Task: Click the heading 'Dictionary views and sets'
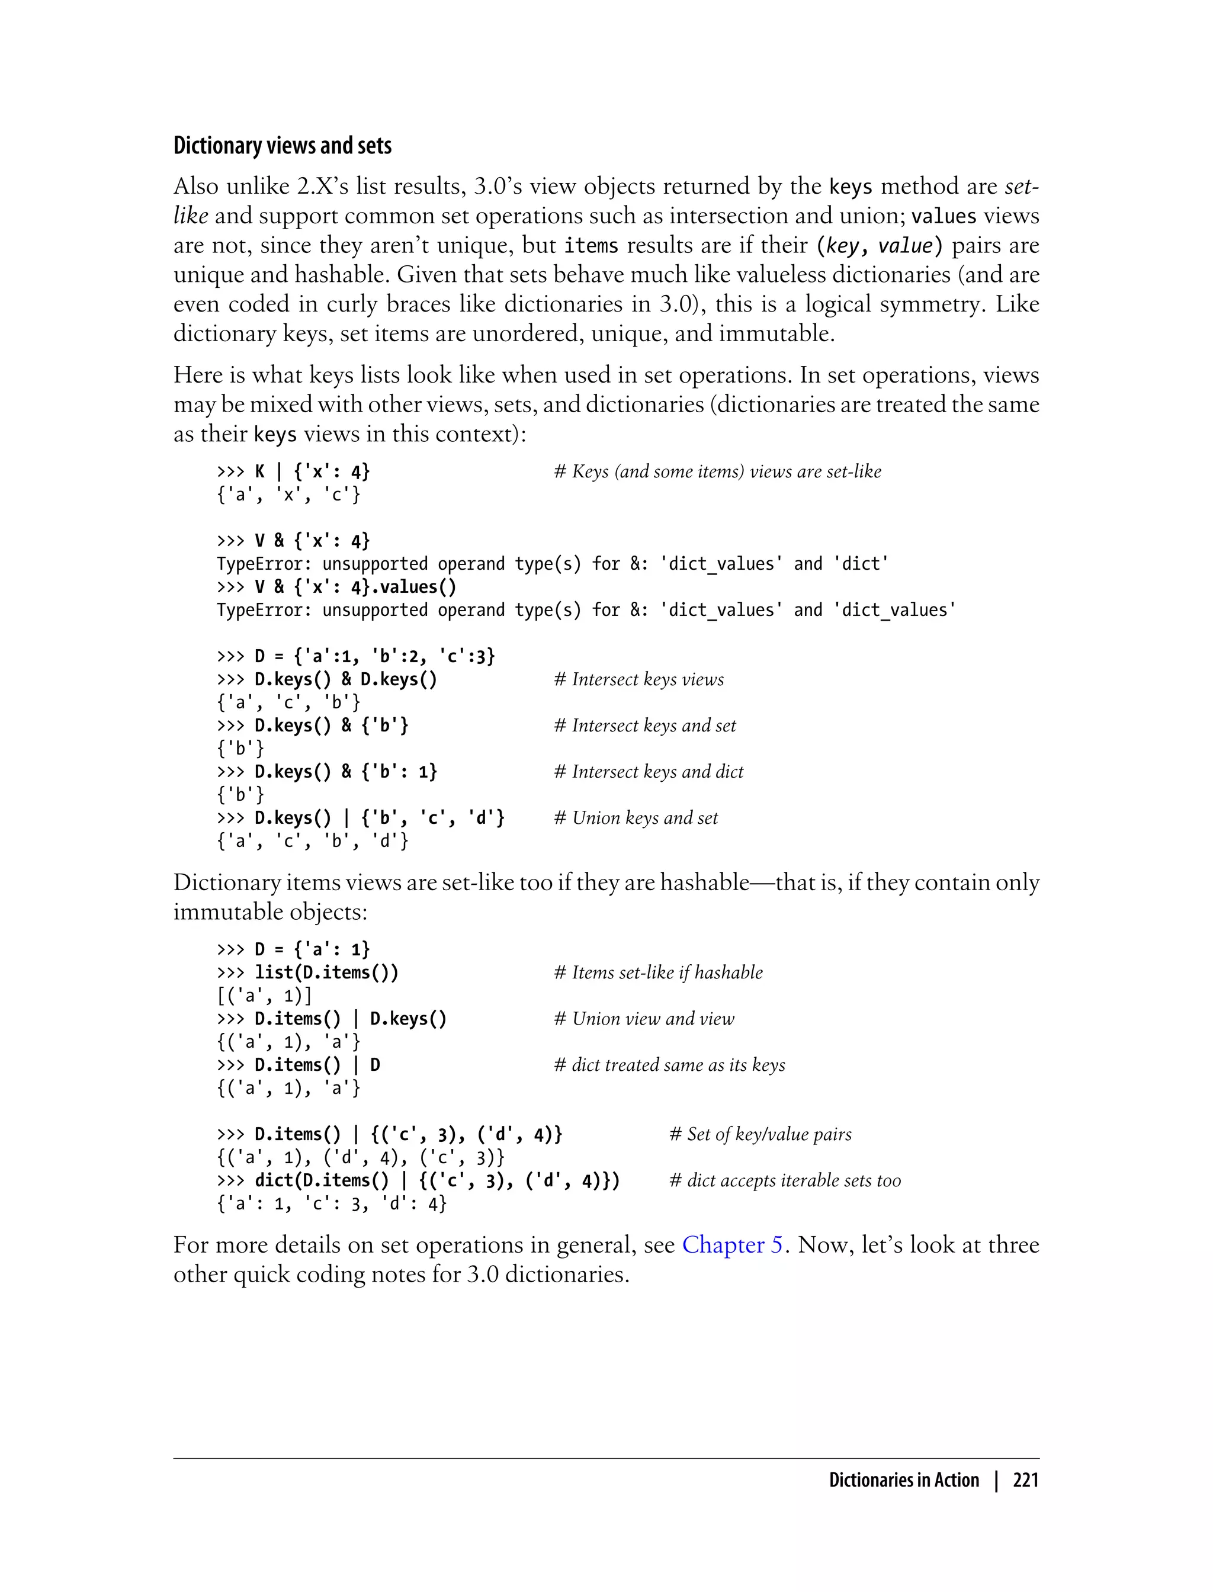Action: click(283, 146)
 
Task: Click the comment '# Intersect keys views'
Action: click(638, 679)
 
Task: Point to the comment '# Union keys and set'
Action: click(636, 818)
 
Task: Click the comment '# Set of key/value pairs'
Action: click(760, 1134)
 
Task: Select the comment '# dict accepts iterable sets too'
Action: click(785, 1180)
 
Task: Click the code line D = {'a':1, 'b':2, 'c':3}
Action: click(356, 656)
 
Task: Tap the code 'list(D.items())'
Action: click(326, 972)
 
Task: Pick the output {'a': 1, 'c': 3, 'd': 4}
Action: click(332, 1203)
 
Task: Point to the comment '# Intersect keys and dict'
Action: click(649, 772)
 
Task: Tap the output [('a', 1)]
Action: click(264, 996)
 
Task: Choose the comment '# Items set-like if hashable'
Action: click(658, 972)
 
